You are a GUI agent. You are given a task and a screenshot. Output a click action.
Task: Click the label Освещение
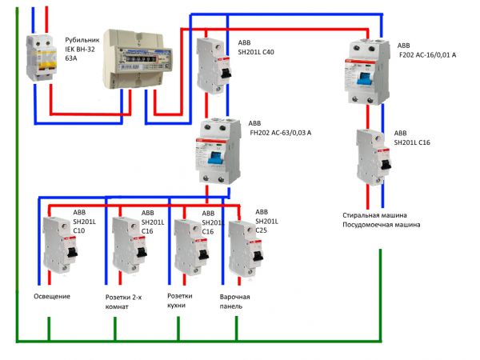52,297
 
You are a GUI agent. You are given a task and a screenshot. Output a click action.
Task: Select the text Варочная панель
235,303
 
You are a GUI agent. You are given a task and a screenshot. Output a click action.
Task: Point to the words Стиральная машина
376,216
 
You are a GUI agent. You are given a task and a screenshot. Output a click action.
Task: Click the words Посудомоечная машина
381,226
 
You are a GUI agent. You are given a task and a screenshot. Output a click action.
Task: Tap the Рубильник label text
82,38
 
